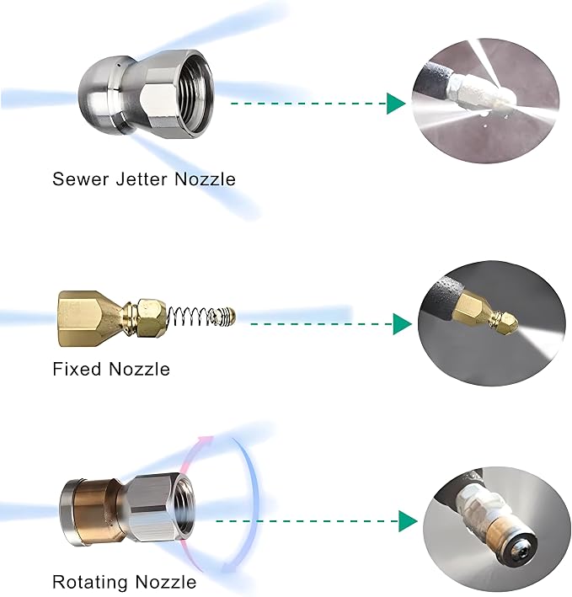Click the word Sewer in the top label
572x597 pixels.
click(81, 179)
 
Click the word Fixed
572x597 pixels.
click(77, 369)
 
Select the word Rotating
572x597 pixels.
click(90, 582)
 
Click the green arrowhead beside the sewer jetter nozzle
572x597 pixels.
click(396, 104)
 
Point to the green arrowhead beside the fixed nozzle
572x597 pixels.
click(402, 324)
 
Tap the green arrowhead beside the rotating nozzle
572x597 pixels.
click(408, 521)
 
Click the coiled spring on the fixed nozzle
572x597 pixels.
click(190, 316)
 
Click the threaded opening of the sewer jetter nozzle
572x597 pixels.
click(191, 94)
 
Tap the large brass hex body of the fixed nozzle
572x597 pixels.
click(88, 318)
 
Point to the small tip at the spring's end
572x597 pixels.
click(227, 316)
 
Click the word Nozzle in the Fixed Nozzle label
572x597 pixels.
click(139, 369)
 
